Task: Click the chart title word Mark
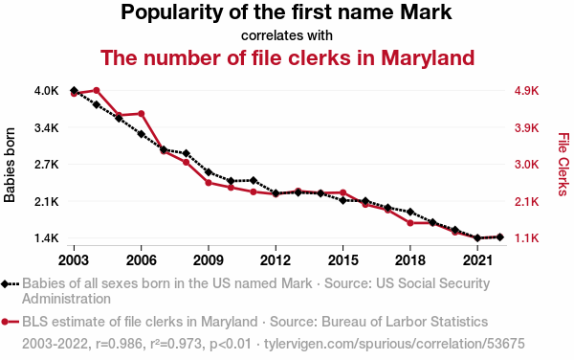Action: (426, 11)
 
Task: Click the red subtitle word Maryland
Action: (428, 58)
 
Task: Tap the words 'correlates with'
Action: (287, 35)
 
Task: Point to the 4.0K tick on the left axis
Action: (47, 90)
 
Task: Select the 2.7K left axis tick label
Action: (47, 165)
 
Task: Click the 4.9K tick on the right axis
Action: (526, 90)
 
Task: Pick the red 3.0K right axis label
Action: (526, 165)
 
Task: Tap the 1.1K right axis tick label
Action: (526, 238)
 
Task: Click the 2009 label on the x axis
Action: (209, 260)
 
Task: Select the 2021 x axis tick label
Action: (477, 260)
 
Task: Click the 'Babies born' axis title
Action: (10, 165)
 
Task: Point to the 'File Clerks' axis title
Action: (563, 165)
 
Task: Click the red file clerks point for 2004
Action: (97, 90)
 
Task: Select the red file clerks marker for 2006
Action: (142, 114)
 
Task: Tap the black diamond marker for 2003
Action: (74, 90)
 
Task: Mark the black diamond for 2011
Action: (254, 180)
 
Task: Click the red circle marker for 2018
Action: (410, 223)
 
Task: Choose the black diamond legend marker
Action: (5, 283)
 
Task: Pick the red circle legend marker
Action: (5, 322)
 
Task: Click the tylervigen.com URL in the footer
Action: (394, 344)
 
